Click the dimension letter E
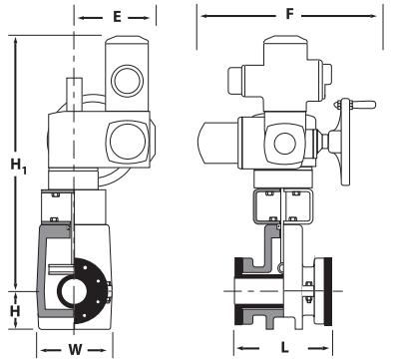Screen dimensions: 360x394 pyautogui.click(x=117, y=17)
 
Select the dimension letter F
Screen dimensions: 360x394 pyautogui.click(x=290, y=16)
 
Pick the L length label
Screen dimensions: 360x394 pyautogui.click(x=283, y=348)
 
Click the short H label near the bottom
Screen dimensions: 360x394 pyautogui.click(x=14, y=311)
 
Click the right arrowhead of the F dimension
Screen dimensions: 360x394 pyautogui.click(x=380, y=16)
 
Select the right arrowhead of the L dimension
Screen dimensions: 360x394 pyautogui.click(x=328, y=348)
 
